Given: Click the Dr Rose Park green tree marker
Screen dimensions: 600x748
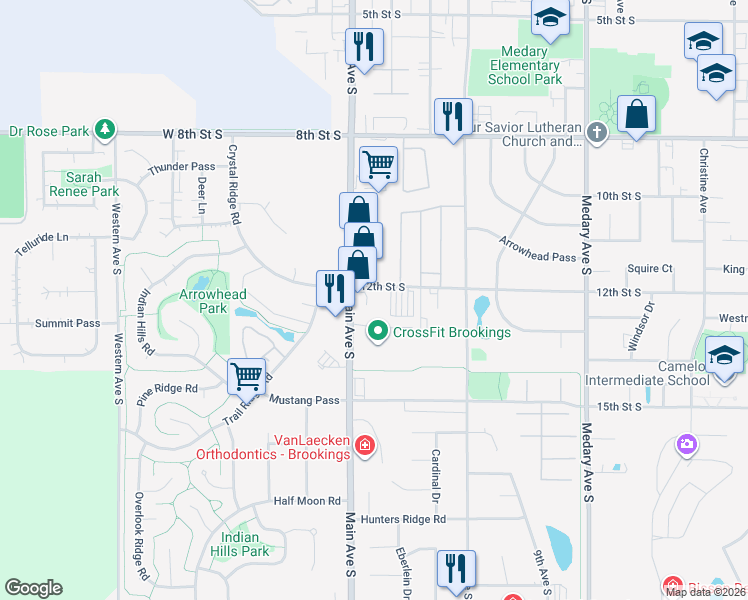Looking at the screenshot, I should [x=104, y=130].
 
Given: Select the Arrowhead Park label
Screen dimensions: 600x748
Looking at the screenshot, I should [x=204, y=302].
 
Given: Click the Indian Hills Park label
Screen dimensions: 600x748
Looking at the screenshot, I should [x=245, y=544].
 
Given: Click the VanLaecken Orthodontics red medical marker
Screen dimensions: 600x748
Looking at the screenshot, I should [x=365, y=444].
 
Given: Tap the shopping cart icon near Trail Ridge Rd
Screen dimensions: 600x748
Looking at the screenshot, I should [x=246, y=376].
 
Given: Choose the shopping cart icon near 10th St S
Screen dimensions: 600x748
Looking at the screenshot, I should [x=379, y=163].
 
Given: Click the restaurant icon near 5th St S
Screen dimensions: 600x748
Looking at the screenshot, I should [x=364, y=46].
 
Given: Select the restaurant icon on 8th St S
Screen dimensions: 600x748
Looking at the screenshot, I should [x=453, y=116].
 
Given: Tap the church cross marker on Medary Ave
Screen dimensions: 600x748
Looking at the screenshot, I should [x=597, y=133].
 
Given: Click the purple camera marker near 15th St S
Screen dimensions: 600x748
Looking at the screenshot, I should [x=687, y=443].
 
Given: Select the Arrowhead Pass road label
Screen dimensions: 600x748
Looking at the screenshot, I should [x=538, y=249].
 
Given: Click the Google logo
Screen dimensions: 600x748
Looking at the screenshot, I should [x=33, y=588].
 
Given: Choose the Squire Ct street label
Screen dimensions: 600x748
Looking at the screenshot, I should [x=650, y=269].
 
